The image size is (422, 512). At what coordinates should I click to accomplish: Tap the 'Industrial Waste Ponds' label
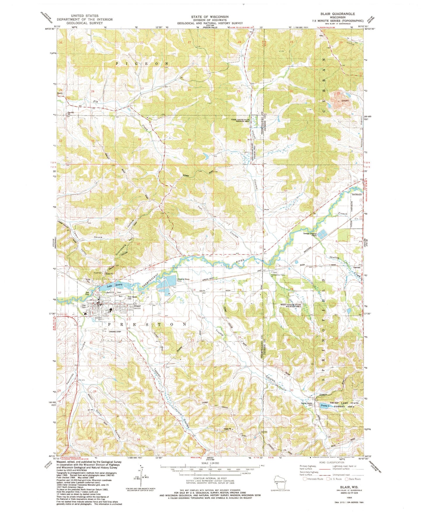coord(183,280)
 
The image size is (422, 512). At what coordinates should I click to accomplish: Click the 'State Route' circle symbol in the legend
coord(347,479)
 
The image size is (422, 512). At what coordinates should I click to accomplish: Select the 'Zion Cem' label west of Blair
coord(84,307)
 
